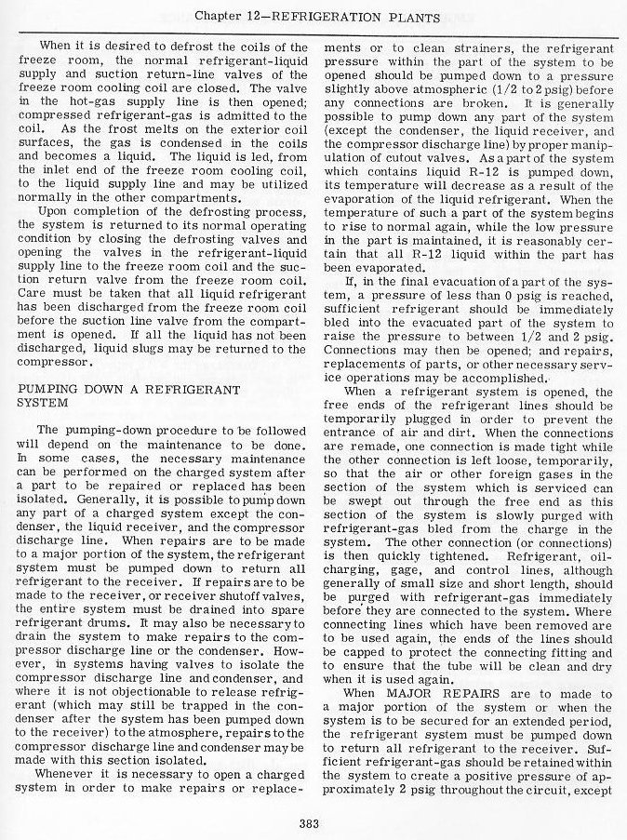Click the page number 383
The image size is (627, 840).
coord(312,821)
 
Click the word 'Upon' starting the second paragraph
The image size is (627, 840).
coord(54,240)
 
